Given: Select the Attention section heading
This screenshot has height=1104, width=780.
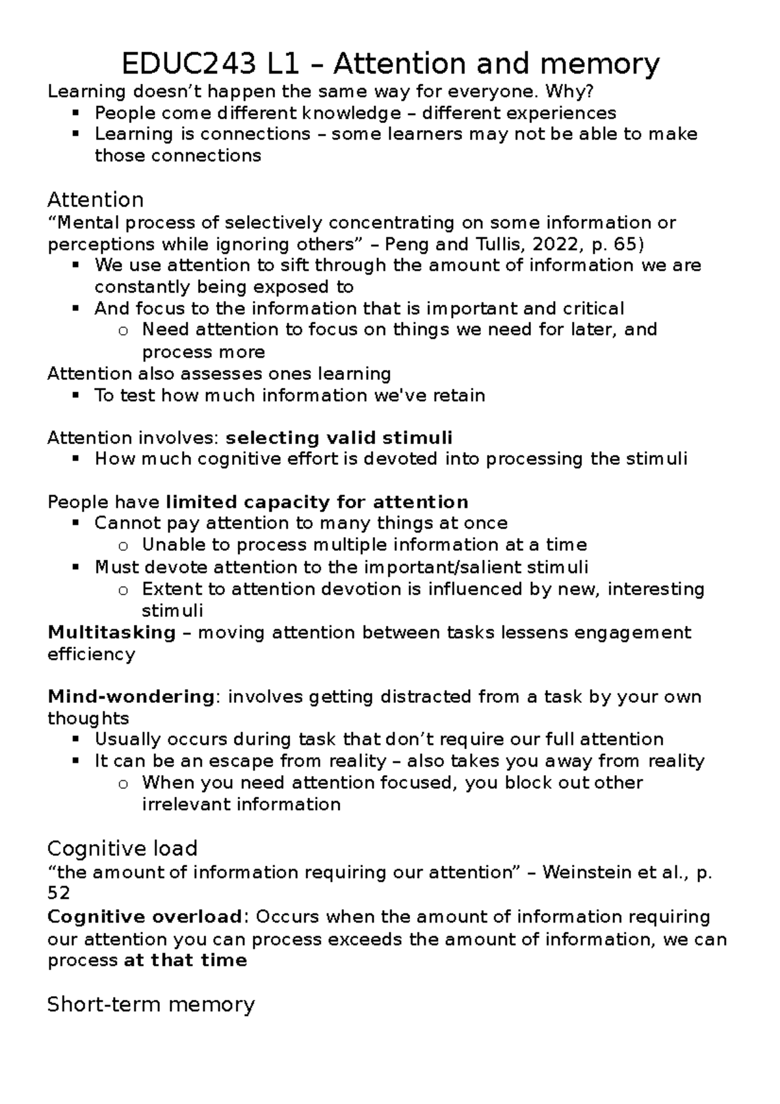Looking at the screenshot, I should (96, 199).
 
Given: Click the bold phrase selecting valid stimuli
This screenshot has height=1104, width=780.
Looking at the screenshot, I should (339, 438).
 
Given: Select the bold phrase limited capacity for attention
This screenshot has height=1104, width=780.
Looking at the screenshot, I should (317, 502).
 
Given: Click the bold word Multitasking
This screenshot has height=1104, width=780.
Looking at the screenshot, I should (112, 632).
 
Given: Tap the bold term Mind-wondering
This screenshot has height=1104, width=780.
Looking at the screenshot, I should (131, 696).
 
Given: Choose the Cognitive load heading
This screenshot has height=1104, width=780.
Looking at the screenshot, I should (122, 848).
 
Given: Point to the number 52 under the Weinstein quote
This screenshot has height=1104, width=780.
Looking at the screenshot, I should (58, 894).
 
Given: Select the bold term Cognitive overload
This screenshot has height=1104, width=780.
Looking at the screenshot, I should (144, 917).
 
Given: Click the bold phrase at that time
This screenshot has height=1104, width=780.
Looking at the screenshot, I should (185, 960).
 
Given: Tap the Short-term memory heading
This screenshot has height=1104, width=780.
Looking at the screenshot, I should (151, 1005).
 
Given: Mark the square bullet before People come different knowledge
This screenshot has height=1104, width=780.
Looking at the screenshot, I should (76, 113).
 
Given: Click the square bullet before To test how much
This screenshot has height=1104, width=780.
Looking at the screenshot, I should (76, 395).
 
